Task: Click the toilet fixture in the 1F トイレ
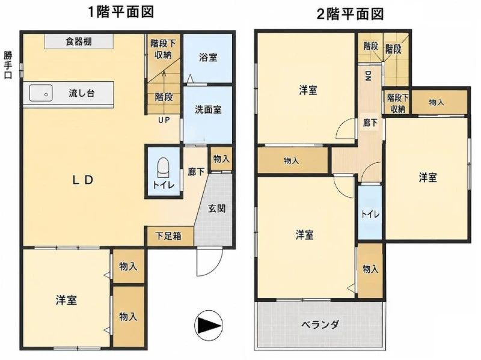[x=163, y=168]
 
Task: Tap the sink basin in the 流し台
[x=41, y=93]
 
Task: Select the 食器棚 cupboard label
[x=79, y=41]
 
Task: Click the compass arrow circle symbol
[x=209, y=325]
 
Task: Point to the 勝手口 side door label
[x=8, y=65]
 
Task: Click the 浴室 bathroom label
[x=208, y=57]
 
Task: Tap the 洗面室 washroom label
[x=208, y=109]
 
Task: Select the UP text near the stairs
[x=164, y=120]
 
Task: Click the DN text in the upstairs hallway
[x=368, y=76]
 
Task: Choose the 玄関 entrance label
[x=217, y=209]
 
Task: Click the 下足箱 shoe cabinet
[x=170, y=236]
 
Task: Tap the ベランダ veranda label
[x=320, y=325]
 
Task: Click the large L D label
[x=83, y=180]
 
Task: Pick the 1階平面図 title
[x=121, y=12]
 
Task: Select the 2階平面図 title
[x=351, y=14]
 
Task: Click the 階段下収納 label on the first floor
[x=162, y=49]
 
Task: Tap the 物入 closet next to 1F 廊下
[x=221, y=159]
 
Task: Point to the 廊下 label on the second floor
[x=370, y=123]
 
